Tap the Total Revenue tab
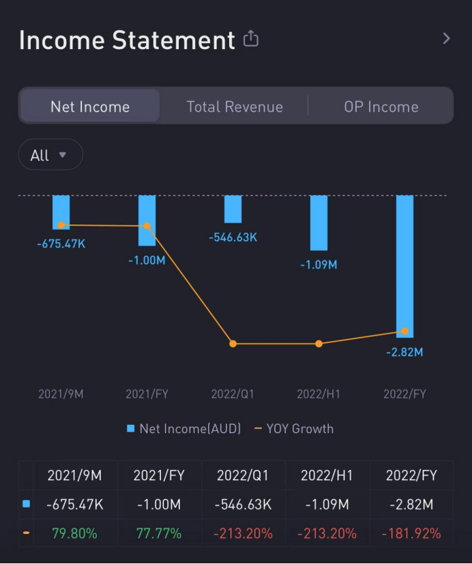click(x=235, y=106)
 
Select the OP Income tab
click(x=381, y=106)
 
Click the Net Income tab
click(x=90, y=106)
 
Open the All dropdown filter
click(x=50, y=155)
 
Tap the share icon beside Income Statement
click(x=251, y=39)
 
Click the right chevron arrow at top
click(x=446, y=39)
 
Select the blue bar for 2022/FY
click(x=404, y=266)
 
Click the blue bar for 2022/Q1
click(x=233, y=209)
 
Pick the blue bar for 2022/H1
click(x=319, y=223)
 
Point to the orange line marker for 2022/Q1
click(x=233, y=344)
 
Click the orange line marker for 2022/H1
click(x=319, y=344)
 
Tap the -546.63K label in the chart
click(x=233, y=237)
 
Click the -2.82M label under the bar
click(x=404, y=352)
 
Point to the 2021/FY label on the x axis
click(x=147, y=394)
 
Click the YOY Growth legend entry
click(x=294, y=429)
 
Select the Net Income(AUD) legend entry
click(x=184, y=429)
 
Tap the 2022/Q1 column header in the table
click(x=243, y=475)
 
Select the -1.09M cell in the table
click(x=327, y=505)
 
